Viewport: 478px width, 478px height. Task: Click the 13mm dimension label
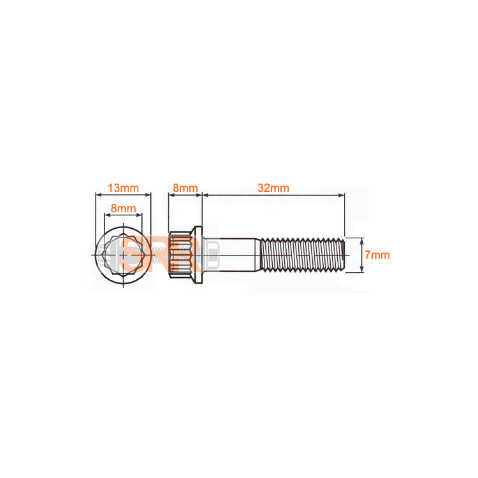click(x=123, y=188)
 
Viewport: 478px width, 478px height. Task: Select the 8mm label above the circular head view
click(x=123, y=208)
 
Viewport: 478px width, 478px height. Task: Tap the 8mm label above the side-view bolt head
click(x=185, y=188)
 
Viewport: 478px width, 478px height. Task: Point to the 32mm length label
click(x=273, y=188)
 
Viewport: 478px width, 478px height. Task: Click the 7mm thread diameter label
click(x=377, y=255)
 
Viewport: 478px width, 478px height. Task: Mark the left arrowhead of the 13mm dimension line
click(x=97, y=195)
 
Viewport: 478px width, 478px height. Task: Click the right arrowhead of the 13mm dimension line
click(x=149, y=195)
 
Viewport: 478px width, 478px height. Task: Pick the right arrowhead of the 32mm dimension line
click(x=342, y=195)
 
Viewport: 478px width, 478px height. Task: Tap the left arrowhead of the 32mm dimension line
click(x=205, y=195)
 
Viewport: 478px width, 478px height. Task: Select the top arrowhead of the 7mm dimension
click(x=362, y=240)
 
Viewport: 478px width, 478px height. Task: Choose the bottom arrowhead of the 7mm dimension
click(x=362, y=271)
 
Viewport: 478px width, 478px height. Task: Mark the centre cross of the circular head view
click(x=123, y=256)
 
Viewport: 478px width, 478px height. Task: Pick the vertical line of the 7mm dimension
click(x=362, y=256)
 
